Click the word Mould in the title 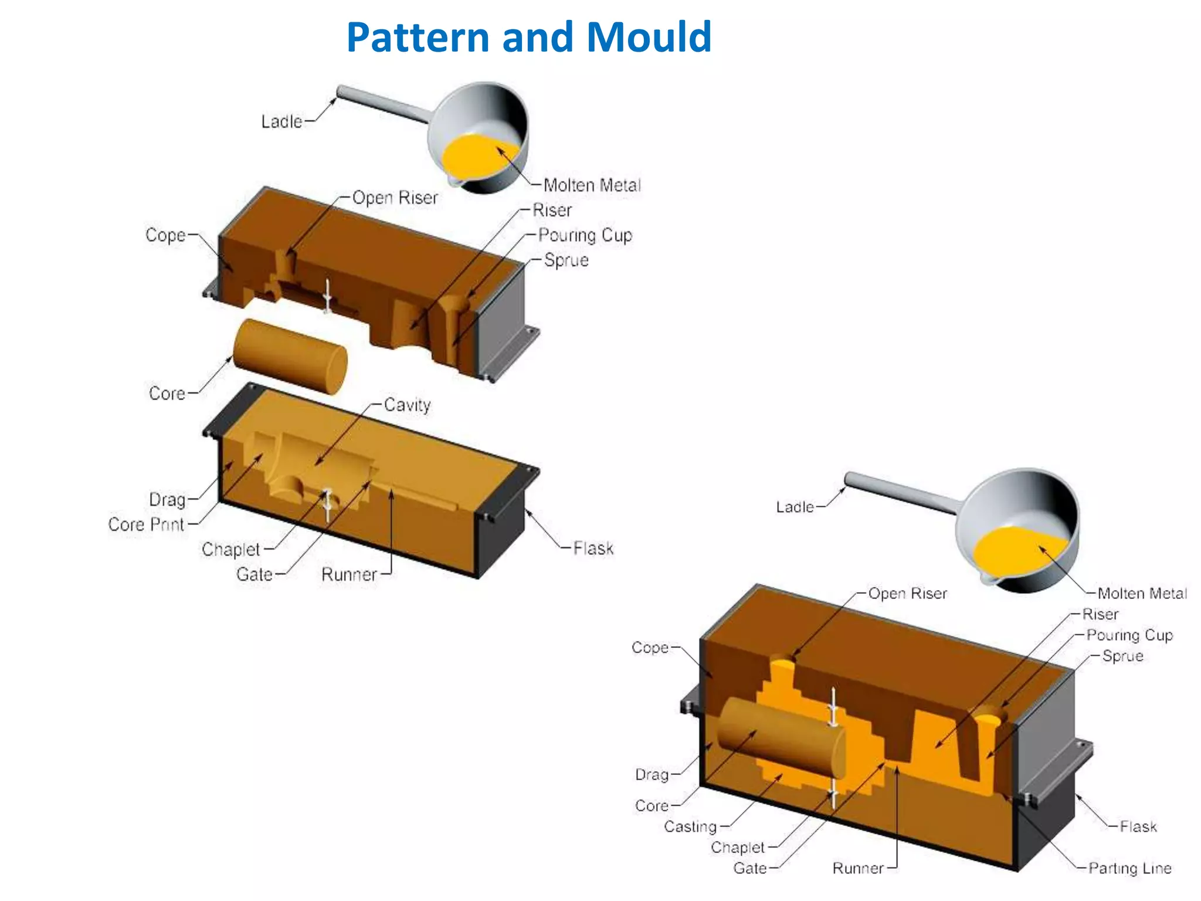coord(649,38)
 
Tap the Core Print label coord(146,524)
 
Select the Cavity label coord(408,405)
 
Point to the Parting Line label coord(1129,868)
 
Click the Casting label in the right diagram coord(690,827)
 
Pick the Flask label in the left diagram coord(593,548)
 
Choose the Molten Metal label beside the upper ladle coord(592,185)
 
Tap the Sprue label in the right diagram coord(1122,656)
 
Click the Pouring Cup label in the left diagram coord(585,235)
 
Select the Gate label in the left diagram coord(255,574)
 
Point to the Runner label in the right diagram coord(858,868)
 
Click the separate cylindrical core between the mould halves coord(290,356)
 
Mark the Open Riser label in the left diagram coord(395,198)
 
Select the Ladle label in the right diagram coord(795,507)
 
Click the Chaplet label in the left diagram coord(230,550)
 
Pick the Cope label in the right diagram coord(650,648)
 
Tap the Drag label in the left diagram coord(167,500)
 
